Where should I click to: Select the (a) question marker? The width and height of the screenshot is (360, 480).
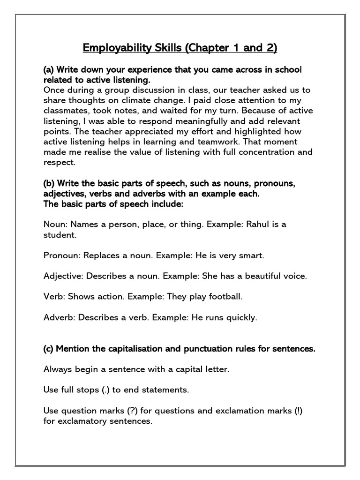click(48, 69)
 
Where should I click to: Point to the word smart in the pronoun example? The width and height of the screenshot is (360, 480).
click(252, 255)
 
